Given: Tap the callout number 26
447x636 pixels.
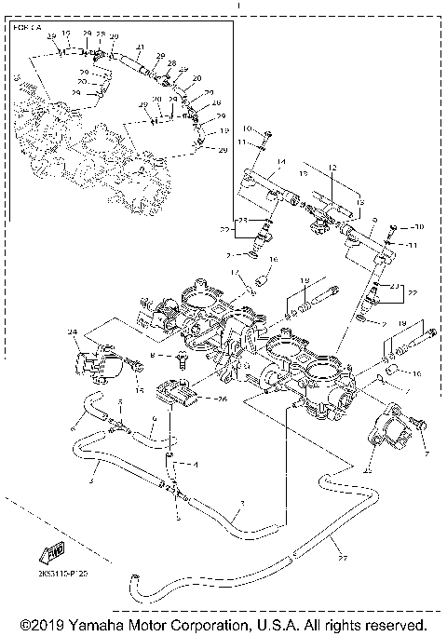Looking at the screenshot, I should [x=221, y=400].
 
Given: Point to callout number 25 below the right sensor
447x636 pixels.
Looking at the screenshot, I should [x=367, y=471].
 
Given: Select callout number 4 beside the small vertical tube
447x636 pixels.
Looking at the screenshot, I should [x=196, y=463].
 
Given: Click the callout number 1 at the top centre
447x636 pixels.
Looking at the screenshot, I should [x=239, y=5].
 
